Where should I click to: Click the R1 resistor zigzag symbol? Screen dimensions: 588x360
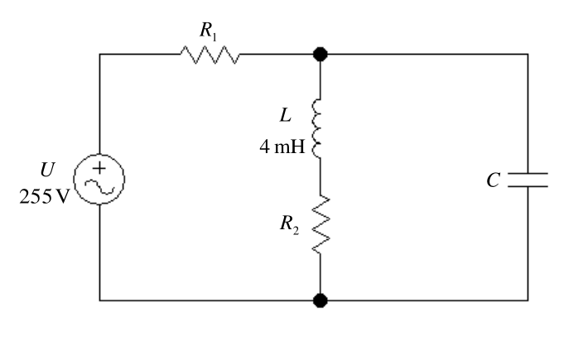click(210, 55)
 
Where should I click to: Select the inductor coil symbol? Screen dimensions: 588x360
click(317, 128)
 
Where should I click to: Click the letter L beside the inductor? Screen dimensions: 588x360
click(286, 115)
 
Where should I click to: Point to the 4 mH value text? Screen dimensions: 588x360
click(282, 146)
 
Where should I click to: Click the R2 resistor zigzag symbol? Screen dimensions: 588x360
click(321, 224)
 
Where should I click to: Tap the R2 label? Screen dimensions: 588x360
click(290, 224)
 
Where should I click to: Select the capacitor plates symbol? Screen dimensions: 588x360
click(528, 180)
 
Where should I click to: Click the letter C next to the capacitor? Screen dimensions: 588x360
click(494, 180)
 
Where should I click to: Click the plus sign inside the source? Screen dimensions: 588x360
click(99, 168)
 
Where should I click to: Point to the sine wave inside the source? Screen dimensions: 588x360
click(99, 187)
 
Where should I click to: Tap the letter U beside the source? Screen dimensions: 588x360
click(48, 170)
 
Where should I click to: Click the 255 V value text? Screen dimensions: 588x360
click(44, 196)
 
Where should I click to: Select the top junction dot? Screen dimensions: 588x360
click(321, 55)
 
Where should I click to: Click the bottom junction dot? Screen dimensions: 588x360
click(321, 300)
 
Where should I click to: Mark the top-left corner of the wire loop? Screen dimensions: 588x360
click(99, 55)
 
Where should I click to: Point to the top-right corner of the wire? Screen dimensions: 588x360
click(528, 55)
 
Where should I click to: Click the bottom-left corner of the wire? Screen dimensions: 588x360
click(99, 300)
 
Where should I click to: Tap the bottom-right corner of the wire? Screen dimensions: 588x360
click(528, 300)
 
